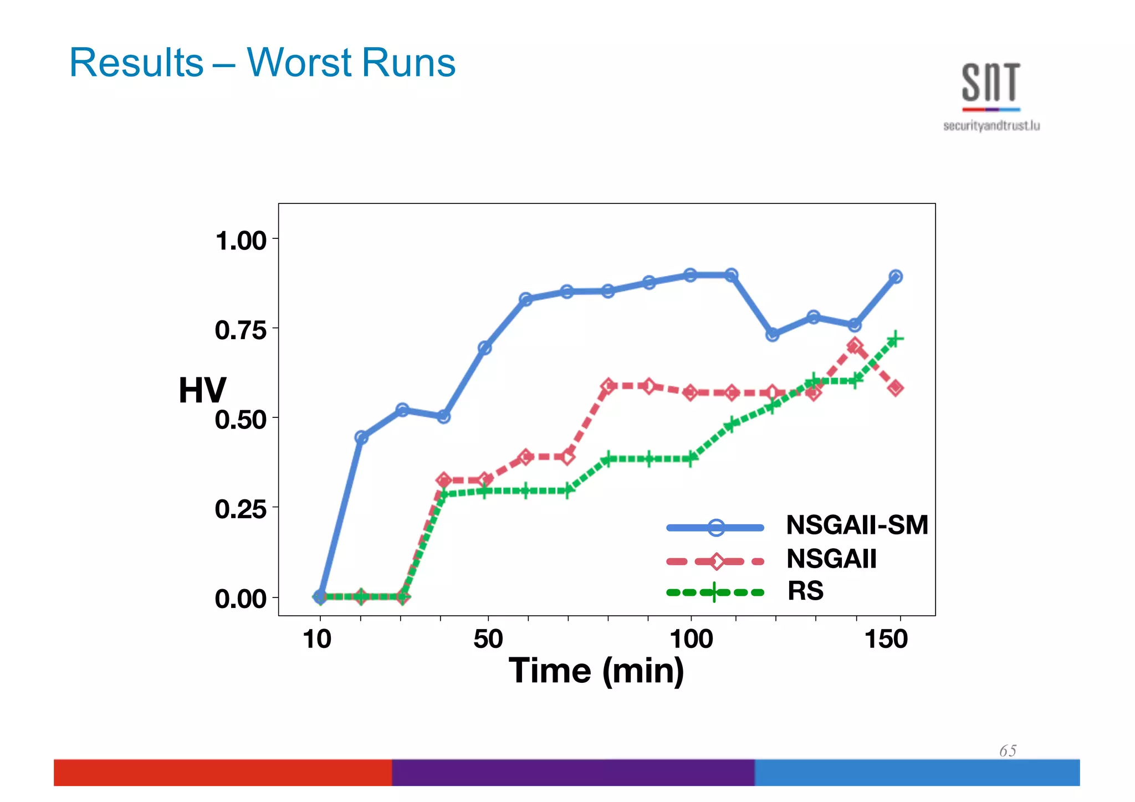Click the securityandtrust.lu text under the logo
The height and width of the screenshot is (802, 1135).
[x=991, y=126]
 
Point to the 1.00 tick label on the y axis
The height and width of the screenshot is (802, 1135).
[x=241, y=241]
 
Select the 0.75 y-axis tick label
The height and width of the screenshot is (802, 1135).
[x=241, y=330]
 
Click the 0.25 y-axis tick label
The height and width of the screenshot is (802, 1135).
[x=241, y=509]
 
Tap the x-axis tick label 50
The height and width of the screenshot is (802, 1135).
[x=488, y=639]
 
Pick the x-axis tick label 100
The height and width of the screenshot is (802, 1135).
[x=691, y=639]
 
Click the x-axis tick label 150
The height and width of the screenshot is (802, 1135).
[x=886, y=639]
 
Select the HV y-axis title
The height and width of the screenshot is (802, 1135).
[x=202, y=390]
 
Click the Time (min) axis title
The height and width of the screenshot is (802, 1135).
[x=596, y=671]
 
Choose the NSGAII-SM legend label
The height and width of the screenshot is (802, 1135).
[x=857, y=525]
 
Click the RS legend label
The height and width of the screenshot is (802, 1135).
[x=805, y=591]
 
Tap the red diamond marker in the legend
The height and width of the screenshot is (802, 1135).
[x=716, y=561]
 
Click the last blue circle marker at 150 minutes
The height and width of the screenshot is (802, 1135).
[x=896, y=277]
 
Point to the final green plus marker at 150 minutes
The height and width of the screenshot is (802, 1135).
[x=895, y=339]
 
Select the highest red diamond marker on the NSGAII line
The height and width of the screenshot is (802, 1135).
[x=855, y=346]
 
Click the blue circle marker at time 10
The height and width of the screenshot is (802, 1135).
[x=320, y=596]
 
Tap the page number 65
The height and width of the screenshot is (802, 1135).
[x=1008, y=751]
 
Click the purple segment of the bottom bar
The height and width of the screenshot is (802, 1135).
[x=572, y=772]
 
